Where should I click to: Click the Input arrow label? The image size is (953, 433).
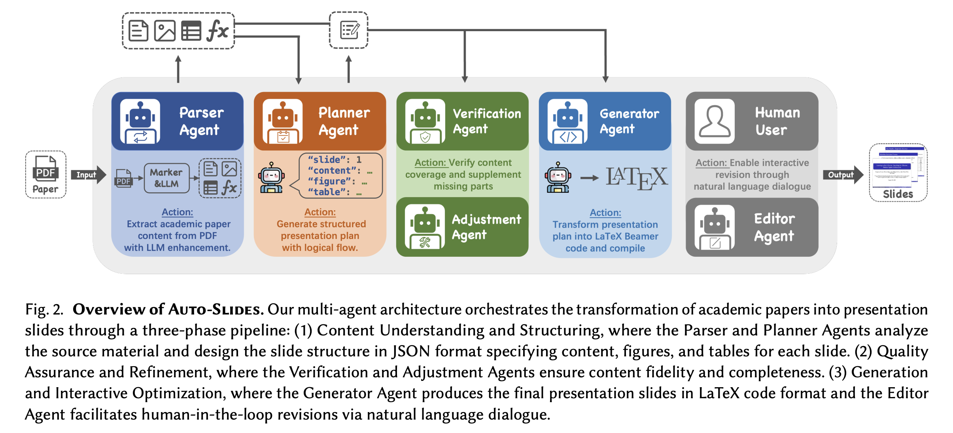(x=86, y=175)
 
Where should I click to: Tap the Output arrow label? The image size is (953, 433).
(x=841, y=175)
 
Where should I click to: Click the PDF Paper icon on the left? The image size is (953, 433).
(x=46, y=174)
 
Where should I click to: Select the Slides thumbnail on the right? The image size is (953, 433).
(x=898, y=173)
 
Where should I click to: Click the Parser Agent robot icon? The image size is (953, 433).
(x=140, y=121)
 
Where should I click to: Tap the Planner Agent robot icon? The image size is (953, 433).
(x=283, y=121)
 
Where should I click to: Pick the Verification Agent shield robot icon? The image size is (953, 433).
(x=425, y=121)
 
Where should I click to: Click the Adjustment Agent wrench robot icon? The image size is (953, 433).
(x=425, y=226)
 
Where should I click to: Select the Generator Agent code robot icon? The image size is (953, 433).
(x=567, y=121)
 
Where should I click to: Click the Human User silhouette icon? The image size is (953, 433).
(x=715, y=121)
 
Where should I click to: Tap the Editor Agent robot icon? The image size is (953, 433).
(x=715, y=226)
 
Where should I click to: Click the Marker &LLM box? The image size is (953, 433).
(x=166, y=178)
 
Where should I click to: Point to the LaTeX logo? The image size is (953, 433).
(x=637, y=177)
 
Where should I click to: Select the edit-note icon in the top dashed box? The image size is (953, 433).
(x=349, y=30)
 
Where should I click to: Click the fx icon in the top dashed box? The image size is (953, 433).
(x=217, y=30)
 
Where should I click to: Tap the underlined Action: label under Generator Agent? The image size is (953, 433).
(x=605, y=213)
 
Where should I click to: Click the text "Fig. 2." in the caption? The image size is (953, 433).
(x=44, y=309)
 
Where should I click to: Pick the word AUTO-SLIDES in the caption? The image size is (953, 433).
(x=216, y=309)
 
